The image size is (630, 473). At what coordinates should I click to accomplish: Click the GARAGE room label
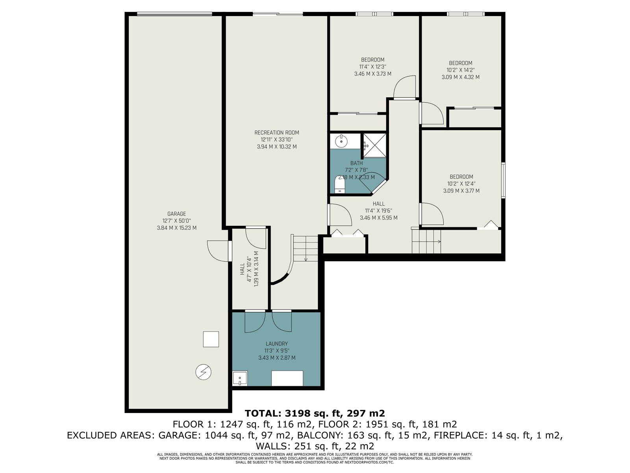click(x=176, y=214)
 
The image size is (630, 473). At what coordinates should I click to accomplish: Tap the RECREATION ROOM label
click(x=277, y=133)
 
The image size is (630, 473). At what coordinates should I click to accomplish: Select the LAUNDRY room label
click(x=277, y=344)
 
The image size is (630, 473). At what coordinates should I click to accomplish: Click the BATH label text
click(x=356, y=163)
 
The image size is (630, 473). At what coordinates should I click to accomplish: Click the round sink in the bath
click(x=341, y=141)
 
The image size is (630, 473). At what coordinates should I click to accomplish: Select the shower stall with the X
click(x=375, y=145)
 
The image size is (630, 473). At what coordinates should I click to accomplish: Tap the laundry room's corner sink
click(x=240, y=378)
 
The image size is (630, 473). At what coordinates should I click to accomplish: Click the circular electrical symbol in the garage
click(x=203, y=372)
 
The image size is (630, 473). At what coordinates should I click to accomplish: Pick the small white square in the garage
click(x=211, y=339)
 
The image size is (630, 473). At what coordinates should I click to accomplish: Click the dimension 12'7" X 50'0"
click(x=176, y=221)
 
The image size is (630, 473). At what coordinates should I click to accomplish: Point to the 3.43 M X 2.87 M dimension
click(x=277, y=358)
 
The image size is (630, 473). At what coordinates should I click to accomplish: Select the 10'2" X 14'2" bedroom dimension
click(x=460, y=70)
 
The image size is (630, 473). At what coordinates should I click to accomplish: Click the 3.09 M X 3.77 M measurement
click(x=461, y=191)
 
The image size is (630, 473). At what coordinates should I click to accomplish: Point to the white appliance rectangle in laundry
click(x=287, y=378)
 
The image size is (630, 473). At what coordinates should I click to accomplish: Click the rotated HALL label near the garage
click(x=242, y=269)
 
